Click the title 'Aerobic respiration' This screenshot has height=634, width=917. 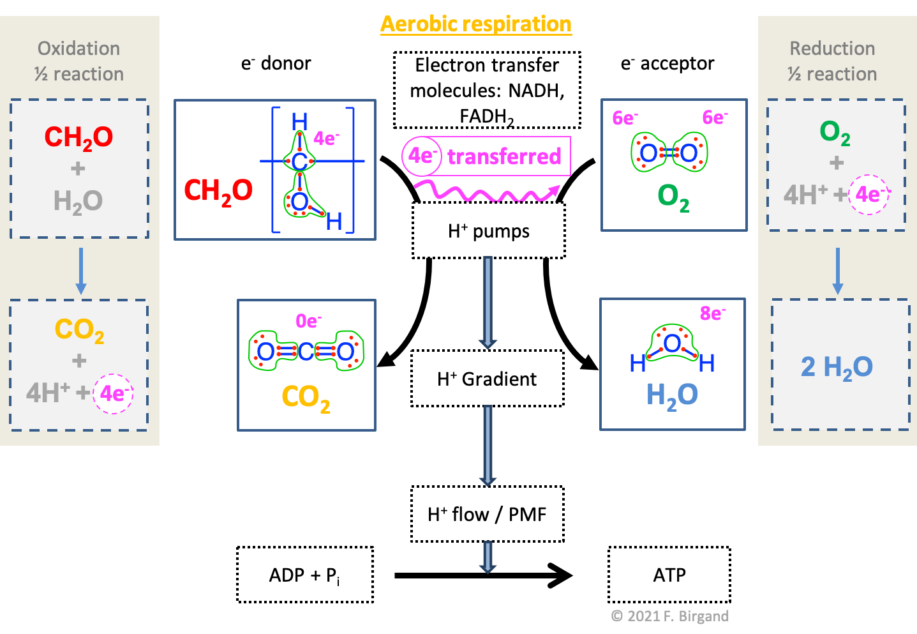click(475, 24)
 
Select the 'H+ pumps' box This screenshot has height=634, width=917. click(488, 230)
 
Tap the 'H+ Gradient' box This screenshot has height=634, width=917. click(487, 379)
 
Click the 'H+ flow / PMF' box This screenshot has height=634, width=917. click(487, 514)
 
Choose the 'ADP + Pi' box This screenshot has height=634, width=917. click(304, 575)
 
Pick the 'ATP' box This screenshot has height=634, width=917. click(669, 575)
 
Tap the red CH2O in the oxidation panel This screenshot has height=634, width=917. click(78, 137)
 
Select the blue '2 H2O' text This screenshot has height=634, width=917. click(837, 366)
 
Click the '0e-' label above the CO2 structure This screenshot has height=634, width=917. click(308, 321)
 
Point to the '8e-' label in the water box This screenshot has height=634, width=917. click(712, 313)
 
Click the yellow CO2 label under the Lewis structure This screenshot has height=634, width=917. click(306, 398)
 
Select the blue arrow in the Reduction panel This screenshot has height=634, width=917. click(837, 271)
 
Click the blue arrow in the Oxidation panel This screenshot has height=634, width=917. click(80, 271)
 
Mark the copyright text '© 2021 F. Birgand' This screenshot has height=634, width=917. click(669, 615)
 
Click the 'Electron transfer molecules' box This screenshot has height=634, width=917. click(487, 90)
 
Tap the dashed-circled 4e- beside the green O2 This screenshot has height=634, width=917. click(869, 194)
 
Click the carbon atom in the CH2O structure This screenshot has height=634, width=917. click(299, 161)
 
